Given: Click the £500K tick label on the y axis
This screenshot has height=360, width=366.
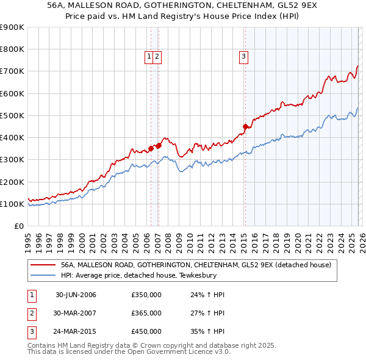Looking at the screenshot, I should click(12, 115).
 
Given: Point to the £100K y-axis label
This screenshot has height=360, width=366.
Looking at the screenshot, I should click(12, 204).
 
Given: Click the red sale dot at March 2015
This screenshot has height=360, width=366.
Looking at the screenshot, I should click(245, 127).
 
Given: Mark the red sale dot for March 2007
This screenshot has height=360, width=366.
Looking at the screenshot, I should click(159, 145).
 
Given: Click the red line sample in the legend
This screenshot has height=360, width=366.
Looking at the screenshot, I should click(43, 265).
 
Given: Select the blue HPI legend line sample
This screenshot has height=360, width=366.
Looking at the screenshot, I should click(43, 275).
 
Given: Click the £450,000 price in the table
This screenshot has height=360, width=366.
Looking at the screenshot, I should click(146, 331).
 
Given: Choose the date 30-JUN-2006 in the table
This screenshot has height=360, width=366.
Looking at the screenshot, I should click(76, 295).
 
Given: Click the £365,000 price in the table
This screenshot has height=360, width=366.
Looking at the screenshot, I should click(146, 313).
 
